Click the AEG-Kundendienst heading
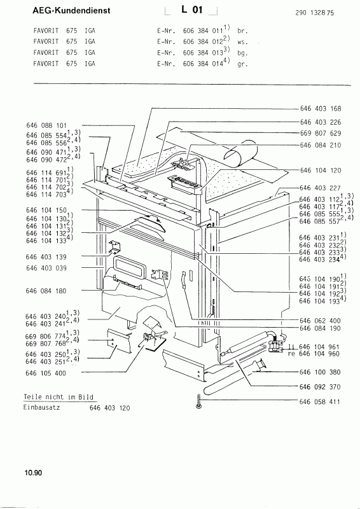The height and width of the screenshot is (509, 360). click(71, 11)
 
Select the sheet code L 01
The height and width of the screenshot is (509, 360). click(192, 10)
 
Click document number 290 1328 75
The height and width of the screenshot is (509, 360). click(315, 13)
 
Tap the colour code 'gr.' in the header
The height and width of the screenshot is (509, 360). click(242, 64)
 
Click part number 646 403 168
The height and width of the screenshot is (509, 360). click(321, 109)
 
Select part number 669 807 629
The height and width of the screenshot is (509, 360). click(321, 133)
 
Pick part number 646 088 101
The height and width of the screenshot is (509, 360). click(46, 125)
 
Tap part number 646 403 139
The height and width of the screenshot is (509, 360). click(46, 257)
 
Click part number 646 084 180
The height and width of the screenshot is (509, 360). click(46, 291)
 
